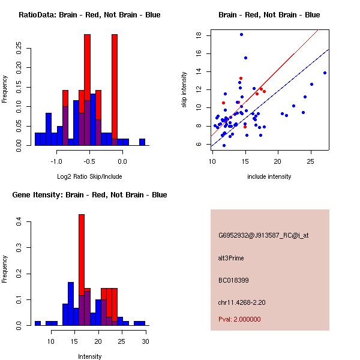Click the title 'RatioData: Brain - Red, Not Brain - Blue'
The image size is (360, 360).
coord(89,15)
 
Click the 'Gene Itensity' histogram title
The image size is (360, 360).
coord(89,195)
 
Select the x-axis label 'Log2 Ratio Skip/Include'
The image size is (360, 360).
coord(89,176)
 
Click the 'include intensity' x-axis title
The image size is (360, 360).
coord(269,176)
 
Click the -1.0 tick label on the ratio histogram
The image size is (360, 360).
coord(56,161)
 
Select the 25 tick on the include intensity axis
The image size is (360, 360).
coord(311,161)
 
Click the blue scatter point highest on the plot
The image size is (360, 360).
coord(241,35)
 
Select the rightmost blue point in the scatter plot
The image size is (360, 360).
coord(325,73)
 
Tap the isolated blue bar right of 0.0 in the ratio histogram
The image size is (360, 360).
coord(142,142)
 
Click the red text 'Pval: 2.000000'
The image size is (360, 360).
coord(239,319)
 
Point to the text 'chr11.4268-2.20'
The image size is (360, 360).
coord(242,302)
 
